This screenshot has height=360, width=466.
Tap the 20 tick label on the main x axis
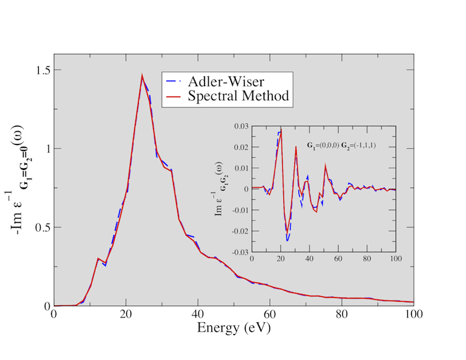[126, 316]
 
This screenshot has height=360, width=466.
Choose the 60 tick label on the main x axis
[269, 316]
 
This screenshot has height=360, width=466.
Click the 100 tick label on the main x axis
[413, 316]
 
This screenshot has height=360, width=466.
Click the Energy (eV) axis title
[234, 328]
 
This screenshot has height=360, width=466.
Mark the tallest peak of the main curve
[142, 76]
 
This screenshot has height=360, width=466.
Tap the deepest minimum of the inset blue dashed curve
[287, 241]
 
